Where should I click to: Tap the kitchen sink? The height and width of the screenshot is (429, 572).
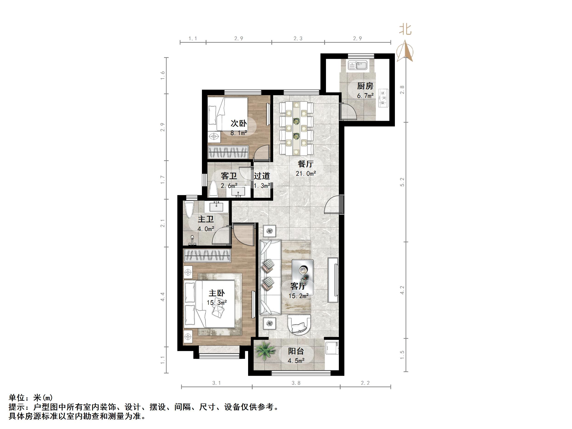point(357,65)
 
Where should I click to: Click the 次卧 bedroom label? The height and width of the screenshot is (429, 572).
point(238,123)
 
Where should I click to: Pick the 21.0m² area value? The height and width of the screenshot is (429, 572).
point(306,174)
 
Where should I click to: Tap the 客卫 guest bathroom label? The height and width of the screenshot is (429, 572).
point(229,176)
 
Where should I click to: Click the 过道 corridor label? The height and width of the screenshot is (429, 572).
point(262,176)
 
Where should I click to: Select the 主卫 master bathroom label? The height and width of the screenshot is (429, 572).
point(206,219)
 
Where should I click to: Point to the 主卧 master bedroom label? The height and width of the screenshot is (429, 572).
point(217,293)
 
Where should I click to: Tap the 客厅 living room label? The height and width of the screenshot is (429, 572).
point(298,286)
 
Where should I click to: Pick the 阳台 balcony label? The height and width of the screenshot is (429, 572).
point(296,351)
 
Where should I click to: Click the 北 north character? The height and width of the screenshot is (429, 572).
point(405,29)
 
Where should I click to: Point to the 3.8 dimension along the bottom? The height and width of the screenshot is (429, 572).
point(296,383)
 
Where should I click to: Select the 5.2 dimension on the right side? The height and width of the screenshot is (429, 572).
point(402,182)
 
